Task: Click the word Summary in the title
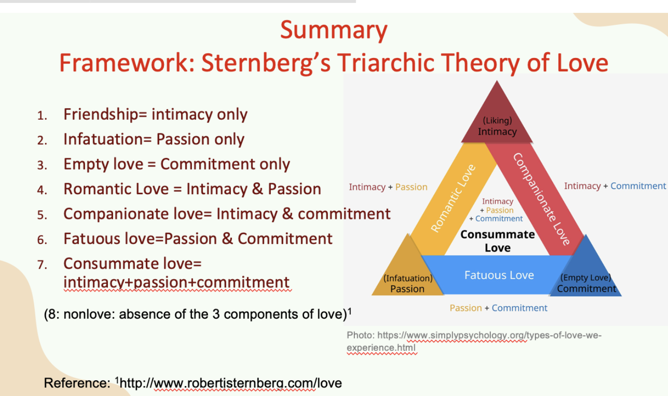point(334,31)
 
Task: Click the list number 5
point(42,215)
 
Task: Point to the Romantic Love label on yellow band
point(453,198)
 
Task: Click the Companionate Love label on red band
point(541,199)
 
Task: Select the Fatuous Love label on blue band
point(499,275)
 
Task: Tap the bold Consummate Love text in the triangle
point(497,241)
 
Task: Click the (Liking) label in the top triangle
point(497,121)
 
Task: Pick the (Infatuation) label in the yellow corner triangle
point(408,278)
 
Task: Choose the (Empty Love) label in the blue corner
point(586,277)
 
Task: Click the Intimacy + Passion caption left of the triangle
point(388,187)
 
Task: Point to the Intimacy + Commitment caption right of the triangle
point(615,186)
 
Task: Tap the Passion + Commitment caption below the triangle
point(498,308)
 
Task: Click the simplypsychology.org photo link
point(474,341)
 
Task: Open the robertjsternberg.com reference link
point(230,383)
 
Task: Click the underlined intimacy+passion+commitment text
point(177,283)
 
